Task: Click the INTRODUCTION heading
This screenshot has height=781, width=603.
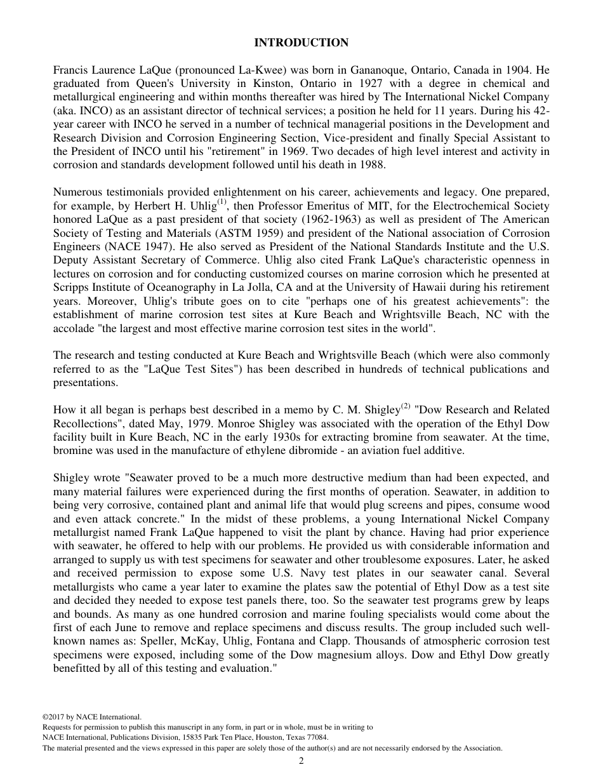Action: tap(301, 43)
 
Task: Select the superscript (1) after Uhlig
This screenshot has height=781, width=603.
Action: tap(222, 203)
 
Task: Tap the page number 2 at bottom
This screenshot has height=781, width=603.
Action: tap(301, 762)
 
